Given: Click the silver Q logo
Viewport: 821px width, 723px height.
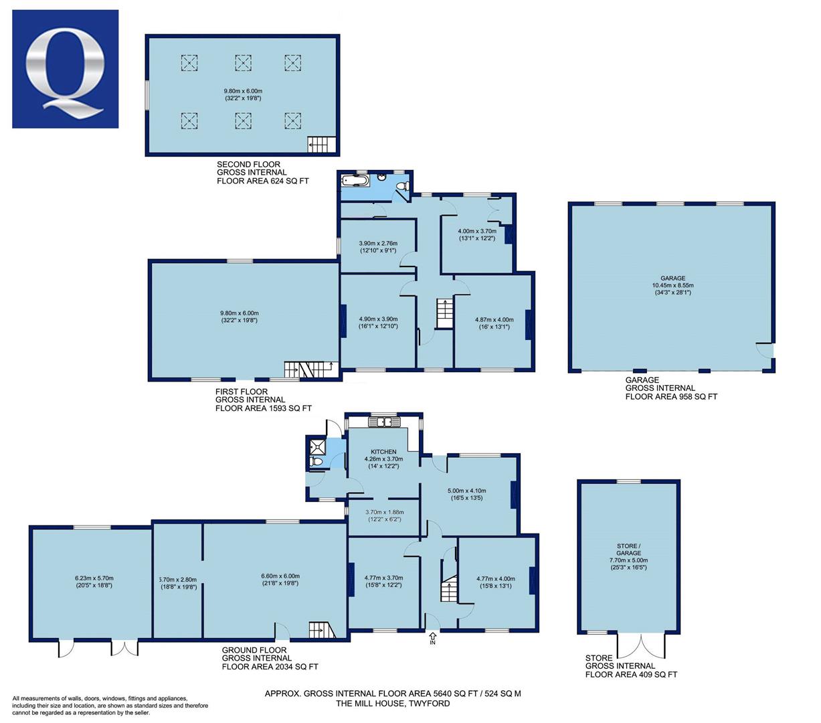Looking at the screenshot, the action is [x=65, y=70].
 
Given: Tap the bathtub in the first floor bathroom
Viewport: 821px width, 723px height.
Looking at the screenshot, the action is [x=355, y=181].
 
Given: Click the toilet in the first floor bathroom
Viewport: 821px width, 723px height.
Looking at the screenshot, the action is [x=402, y=186].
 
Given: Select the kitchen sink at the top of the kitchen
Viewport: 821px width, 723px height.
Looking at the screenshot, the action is [x=383, y=422].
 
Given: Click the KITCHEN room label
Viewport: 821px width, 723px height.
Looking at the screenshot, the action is [x=383, y=452].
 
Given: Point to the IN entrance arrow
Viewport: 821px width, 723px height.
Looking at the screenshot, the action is [x=432, y=638].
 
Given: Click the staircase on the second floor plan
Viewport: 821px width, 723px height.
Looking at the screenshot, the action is [x=321, y=145].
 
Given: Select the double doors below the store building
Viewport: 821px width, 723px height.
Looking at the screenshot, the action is [x=641, y=645].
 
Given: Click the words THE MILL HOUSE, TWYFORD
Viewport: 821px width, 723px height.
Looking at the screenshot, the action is [x=393, y=703].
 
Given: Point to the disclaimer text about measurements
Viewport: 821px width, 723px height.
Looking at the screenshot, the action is [x=110, y=706].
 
